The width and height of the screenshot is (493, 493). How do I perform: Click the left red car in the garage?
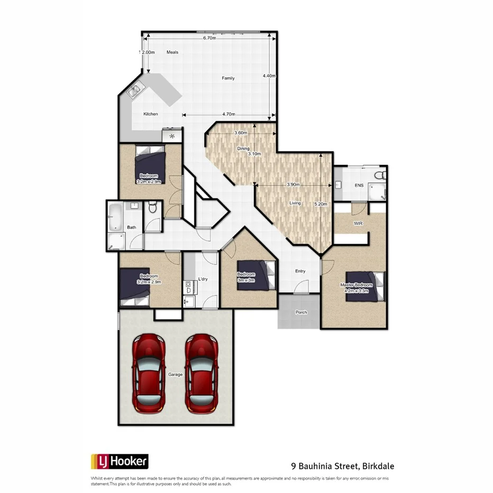coord(149,373)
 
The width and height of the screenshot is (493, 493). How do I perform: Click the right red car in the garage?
coord(201,373)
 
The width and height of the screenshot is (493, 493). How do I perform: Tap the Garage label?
coord(176,375)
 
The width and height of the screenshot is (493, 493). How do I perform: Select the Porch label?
coord(301,312)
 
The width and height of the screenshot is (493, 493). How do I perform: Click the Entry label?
coord(300,271)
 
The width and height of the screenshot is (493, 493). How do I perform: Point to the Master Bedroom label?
coord(356,285)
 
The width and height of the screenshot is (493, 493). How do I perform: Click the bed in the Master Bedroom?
coord(365,286)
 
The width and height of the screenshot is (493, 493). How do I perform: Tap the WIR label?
coord(358,223)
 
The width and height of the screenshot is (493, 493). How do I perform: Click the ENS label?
coord(359,186)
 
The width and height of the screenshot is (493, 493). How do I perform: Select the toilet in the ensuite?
coord(379,175)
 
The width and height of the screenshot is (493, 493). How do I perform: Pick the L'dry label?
coord(203,279)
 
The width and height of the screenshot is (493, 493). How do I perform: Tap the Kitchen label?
coord(151,114)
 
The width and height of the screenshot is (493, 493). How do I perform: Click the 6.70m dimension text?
coord(209,38)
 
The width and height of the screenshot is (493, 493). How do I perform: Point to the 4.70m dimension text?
coord(229,114)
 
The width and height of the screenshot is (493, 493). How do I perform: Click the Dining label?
coord(243,149)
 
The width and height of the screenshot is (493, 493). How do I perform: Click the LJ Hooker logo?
coord(120,461)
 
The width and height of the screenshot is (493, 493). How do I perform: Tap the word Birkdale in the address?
coord(379,466)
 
